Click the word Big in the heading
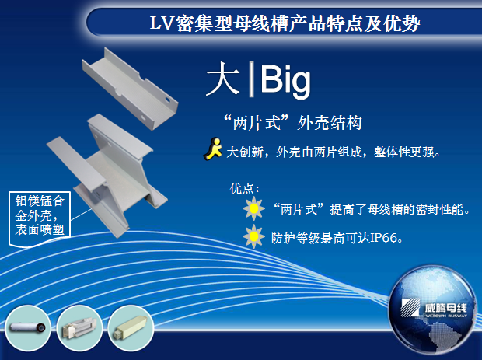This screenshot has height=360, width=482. pos(285,81)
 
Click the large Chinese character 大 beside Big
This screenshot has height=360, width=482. pos(223,79)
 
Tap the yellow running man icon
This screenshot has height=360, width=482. pos(213,149)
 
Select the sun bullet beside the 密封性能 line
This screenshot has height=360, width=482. pos(253,208)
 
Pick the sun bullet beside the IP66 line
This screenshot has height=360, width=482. pos(253,236)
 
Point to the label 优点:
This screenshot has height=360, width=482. pos(244,188)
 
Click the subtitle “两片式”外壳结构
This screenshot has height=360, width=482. pos(292,123)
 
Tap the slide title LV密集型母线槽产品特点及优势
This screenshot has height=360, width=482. pos(285,23)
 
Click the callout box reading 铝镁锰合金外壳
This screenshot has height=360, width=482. pos(40,215)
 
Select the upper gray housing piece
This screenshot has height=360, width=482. pos(131,89)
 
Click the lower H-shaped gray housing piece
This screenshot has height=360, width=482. pos(107,176)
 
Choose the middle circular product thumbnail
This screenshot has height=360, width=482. pos(79,327)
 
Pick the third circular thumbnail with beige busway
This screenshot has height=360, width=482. pos(131,327)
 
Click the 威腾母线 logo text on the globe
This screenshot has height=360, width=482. pos(445,308)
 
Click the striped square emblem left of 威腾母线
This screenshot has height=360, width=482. pos(410,307)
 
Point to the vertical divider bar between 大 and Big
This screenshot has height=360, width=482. pos(251,79)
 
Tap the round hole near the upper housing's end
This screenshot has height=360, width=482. pos(167,100)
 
